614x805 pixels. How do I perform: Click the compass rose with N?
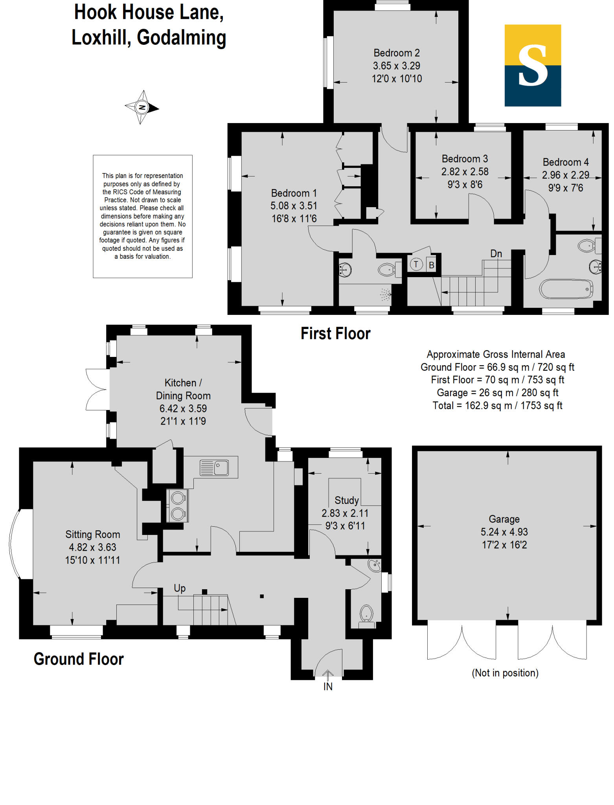142,107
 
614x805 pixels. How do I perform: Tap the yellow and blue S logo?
533,65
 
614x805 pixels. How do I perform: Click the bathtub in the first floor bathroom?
566,289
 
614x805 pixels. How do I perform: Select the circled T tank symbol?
416,264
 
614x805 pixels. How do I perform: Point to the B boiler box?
431,265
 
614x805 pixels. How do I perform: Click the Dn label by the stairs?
496,254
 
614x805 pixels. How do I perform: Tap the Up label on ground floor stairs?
180,588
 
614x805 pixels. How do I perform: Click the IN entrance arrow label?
328,687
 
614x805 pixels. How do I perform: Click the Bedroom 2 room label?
396,53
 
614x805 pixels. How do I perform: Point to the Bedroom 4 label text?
565,162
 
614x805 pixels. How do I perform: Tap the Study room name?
346,500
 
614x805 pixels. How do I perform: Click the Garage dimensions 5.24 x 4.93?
504,532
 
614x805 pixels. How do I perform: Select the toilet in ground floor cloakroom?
366,614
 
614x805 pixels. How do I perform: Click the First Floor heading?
335,334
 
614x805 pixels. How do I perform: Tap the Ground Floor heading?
79,659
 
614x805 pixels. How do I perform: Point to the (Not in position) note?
505,673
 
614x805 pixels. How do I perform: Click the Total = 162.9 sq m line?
497,406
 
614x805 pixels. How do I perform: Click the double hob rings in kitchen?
178,506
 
